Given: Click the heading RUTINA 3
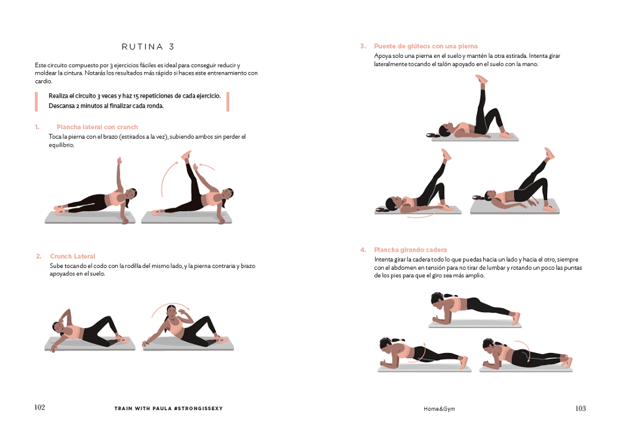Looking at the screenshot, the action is tap(148, 47).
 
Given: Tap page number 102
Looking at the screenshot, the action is tap(40, 407).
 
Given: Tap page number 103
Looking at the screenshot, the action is tap(580, 408).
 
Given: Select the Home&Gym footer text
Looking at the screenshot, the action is tap(439, 409).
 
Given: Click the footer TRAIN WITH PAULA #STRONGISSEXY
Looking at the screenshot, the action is tap(168, 408).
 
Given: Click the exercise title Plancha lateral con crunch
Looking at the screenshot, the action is tap(97, 127).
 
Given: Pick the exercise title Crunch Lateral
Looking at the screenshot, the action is tap(73, 256).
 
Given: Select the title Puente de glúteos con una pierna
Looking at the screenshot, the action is tap(426, 47).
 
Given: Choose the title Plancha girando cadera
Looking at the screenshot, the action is tap(410, 250).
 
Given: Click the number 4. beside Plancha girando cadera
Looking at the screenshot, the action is tap(363, 250).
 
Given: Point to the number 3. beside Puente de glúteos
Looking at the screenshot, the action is tap(363, 47).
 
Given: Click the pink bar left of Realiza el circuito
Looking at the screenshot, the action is tap(37, 102).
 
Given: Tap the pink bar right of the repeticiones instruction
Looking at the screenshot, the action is tap(228, 102).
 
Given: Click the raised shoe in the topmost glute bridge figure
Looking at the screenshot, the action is tap(481, 79).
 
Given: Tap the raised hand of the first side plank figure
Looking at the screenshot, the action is tap(119, 161).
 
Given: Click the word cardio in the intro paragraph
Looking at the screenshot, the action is tap(43, 81).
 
